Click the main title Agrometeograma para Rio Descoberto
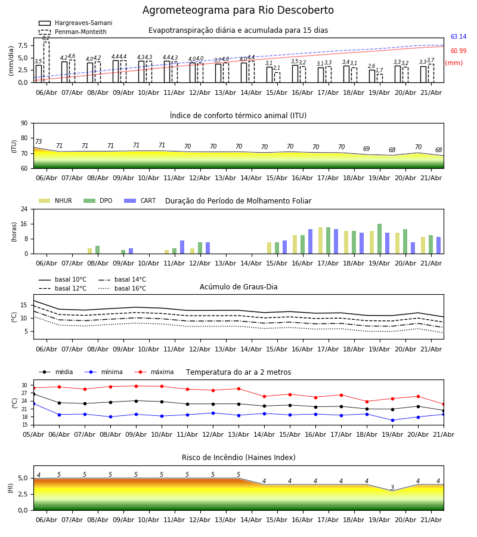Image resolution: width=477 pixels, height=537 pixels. [x=238, y=10]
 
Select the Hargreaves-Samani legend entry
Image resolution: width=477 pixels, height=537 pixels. [x=76, y=23]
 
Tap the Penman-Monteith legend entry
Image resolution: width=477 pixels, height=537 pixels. [x=73, y=32]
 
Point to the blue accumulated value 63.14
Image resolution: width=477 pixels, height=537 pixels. [x=458, y=36]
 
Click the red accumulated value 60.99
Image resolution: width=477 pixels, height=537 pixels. [x=458, y=51]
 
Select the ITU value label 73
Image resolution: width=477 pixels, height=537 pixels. [x=38, y=141]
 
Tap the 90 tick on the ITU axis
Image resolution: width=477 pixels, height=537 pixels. [x=24, y=124]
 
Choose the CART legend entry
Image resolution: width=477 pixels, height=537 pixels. [x=140, y=200]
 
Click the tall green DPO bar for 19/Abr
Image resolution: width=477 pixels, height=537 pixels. [x=379, y=239]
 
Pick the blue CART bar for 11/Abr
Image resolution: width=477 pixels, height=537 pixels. [x=182, y=247]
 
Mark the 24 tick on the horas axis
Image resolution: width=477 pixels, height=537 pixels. [x=24, y=209]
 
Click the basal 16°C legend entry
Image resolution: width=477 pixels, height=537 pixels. [x=122, y=288]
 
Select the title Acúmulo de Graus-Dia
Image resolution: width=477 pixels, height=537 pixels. [x=238, y=287]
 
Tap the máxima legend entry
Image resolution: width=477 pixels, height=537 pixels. [x=154, y=372]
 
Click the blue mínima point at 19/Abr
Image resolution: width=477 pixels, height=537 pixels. [x=392, y=420]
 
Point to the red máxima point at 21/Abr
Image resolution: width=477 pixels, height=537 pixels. [x=444, y=405]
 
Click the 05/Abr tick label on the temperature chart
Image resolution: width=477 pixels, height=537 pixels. [x=33, y=434]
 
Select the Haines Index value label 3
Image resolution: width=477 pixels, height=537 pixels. [x=392, y=487]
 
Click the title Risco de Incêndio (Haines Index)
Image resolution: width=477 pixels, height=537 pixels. [x=238, y=458]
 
